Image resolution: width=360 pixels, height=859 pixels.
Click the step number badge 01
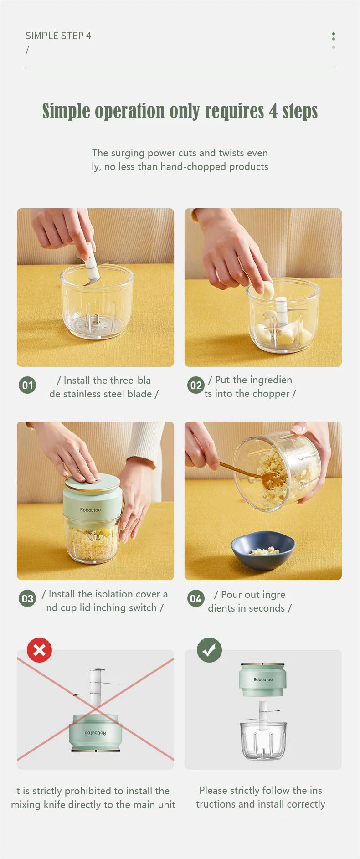click(x=27, y=385)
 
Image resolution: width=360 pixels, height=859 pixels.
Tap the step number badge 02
click(x=195, y=385)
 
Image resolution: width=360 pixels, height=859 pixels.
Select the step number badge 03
click(x=27, y=598)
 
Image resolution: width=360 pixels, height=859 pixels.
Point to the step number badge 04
click(x=195, y=598)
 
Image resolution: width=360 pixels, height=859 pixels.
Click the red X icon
click(x=39, y=649)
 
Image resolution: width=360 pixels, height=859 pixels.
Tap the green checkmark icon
click(x=209, y=649)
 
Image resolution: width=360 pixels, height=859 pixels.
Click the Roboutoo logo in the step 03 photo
click(x=90, y=510)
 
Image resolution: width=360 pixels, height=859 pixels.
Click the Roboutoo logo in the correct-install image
click(x=263, y=679)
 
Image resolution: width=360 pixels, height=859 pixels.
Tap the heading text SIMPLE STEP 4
click(x=58, y=36)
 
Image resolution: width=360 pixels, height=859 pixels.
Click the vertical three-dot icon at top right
click(x=334, y=40)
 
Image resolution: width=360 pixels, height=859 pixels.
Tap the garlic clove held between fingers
click(x=268, y=289)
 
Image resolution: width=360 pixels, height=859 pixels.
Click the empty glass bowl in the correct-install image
click(x=263, y=741)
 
